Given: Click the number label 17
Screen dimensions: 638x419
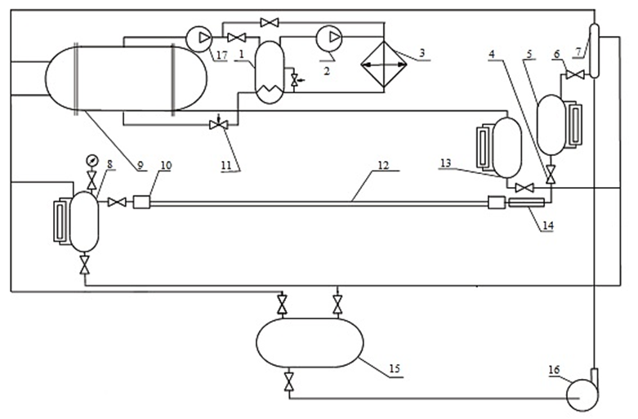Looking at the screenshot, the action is pyautogui.click(x=221, y=55).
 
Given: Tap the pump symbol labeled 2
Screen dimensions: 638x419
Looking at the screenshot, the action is pyautogui.click(x=329, y=38).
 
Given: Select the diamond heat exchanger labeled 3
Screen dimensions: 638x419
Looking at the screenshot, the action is pyautogui.click(x=384, y=65).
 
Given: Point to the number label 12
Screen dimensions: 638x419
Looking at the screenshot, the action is pyautogui.click(x=383, y=166).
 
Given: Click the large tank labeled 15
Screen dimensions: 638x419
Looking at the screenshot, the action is pyautogui.click(x=310, y=343).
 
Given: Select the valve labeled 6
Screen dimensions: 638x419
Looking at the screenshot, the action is pyautogui.click(x=575, y=74).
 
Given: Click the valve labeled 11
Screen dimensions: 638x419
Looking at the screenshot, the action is pyautogui.click(x=218, y=125).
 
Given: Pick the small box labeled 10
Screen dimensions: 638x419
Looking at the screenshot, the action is pyautogui.click(x=141, y=202).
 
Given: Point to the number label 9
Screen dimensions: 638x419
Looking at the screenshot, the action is pyautogui.click(x=141, y=166).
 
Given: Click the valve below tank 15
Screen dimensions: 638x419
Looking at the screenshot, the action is pyautogui.click(x=289, y=381).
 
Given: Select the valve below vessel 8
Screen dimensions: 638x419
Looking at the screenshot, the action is pyautogui.click(x=85, y=264).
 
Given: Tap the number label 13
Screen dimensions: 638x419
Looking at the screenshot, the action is pyautogui.click(x=446, y=163).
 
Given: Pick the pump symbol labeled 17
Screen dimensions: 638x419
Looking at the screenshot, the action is pyautogui.click(x=199, y=38).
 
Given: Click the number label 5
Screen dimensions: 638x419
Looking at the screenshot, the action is pyautogui.click(x=529, y=54).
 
